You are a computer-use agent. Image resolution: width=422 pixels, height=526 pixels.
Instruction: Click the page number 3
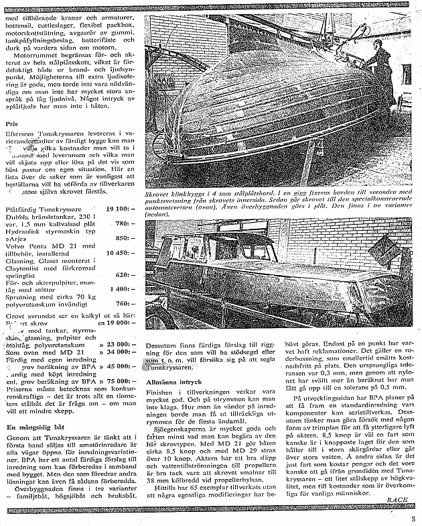click(415, 515)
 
